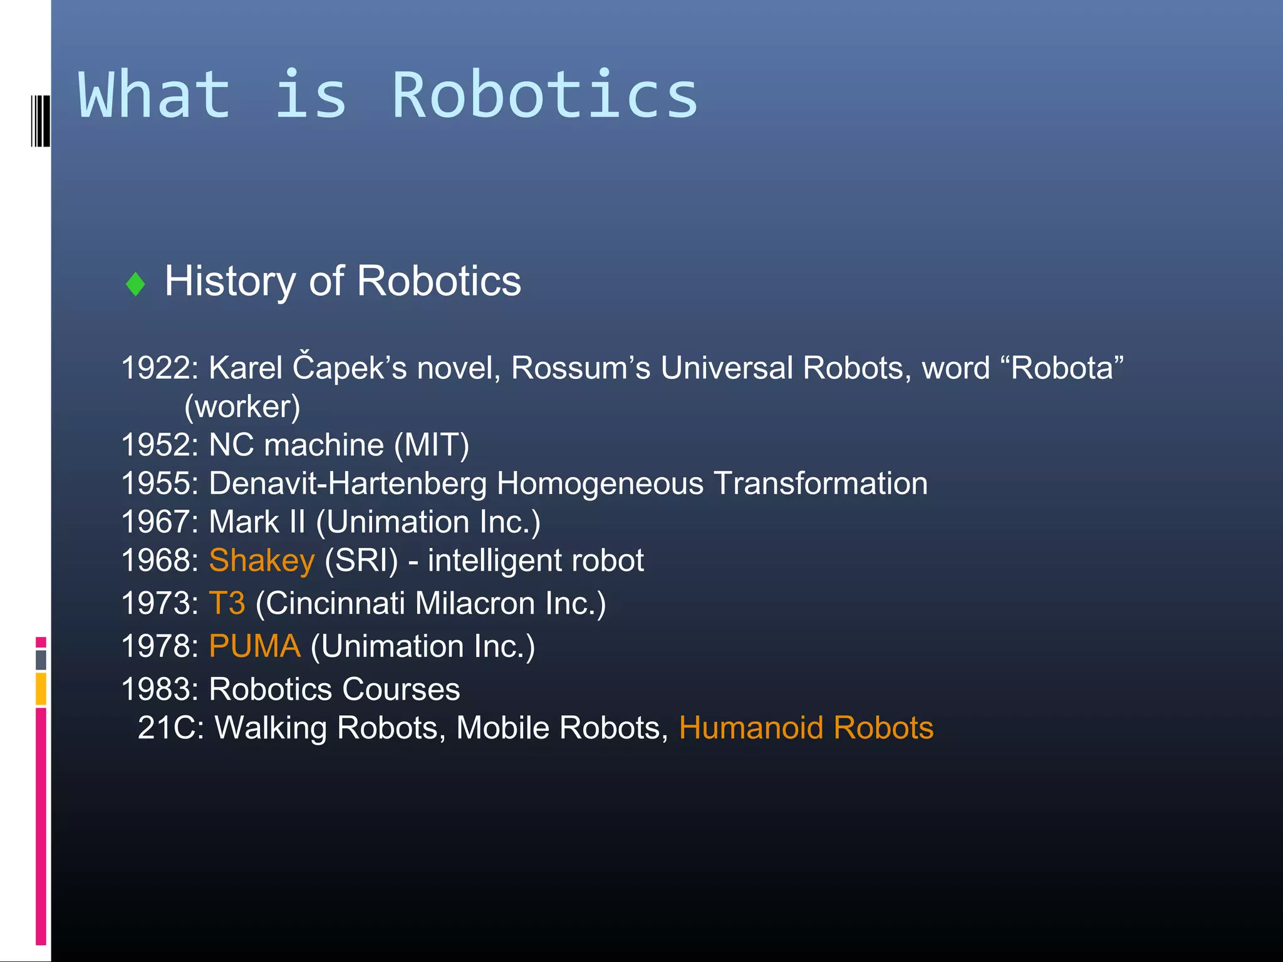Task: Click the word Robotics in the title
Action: [544, 95]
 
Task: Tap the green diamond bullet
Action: [135, 284]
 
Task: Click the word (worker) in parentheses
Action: [242, 406]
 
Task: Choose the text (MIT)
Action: [432, 445]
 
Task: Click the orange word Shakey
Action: [261, 561]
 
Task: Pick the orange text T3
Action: [227, 603]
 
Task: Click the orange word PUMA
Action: [254, 646]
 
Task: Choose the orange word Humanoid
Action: [751, 728]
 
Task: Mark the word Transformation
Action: [821, 484]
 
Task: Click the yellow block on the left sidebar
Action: [41, 688]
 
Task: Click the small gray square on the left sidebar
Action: [41, 659]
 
